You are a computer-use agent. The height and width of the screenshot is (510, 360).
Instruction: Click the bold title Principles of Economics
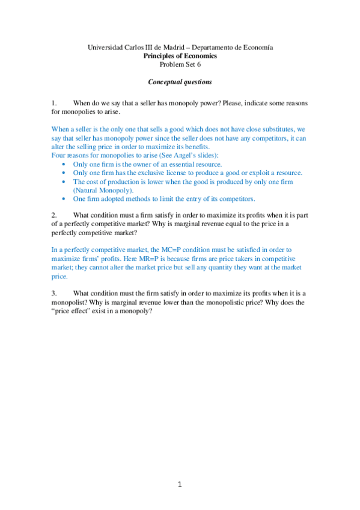point(180,55)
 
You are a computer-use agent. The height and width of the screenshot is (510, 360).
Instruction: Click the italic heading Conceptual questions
point(180,81)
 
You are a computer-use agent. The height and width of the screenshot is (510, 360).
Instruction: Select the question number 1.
point(53,103)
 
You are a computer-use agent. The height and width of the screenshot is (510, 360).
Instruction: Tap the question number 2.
point(53,215)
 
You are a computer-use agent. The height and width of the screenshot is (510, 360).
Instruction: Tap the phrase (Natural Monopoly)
point(103,190)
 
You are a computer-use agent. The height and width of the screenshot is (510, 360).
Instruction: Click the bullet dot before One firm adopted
point(65,199)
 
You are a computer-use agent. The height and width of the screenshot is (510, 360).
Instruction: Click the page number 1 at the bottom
point(179,485)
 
